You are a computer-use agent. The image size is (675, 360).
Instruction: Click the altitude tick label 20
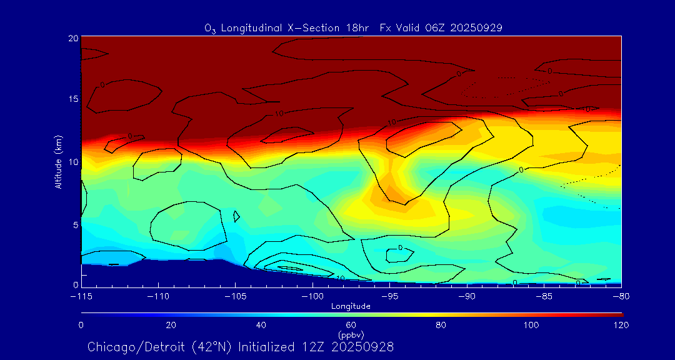tap(73, 37)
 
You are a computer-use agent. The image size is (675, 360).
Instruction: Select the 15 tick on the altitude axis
tap(73, 99)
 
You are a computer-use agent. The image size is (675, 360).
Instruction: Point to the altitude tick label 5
tap(75, 224)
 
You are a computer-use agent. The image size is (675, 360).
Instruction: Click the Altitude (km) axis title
tap(58, 162)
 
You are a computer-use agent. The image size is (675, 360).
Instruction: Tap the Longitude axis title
tap(351, 306)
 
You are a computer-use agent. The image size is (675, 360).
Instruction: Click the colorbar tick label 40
tap(261, 325)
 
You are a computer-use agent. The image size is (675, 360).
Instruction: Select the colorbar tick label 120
tap(621, 325)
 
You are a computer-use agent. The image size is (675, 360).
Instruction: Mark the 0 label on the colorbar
tap(81, 325)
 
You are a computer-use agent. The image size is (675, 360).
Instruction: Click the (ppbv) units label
tap(351, 335)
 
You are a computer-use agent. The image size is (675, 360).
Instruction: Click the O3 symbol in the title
tap(210, 28)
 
